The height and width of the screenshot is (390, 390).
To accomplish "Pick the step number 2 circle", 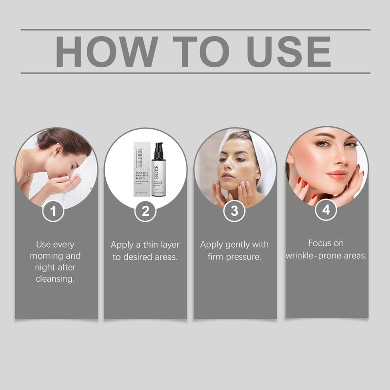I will (x=145, y=212).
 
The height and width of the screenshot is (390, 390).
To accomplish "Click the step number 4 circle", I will (x=326, y=210).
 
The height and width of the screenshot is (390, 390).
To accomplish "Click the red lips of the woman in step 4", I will (x=335, y=175).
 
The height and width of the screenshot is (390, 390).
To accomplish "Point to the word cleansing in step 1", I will (x=56, y=279).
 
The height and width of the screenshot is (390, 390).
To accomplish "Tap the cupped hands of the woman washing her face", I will (x=64, y=184).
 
